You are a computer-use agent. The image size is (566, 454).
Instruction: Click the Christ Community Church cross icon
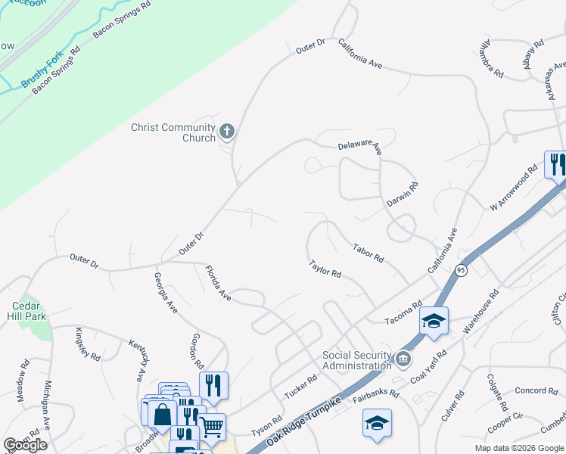[226, 133]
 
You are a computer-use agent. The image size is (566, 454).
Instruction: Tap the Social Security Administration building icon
[403, 357]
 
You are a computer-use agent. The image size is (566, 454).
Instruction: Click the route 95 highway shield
[461, 270]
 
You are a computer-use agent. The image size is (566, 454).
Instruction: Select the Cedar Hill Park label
[30, 311]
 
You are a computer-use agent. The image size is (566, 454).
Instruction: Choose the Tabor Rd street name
[369, 252]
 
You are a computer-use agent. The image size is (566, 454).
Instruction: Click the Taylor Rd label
[325, 268]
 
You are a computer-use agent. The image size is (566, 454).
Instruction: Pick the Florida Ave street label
[218, 283]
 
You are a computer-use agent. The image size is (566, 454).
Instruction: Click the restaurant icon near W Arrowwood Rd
[555, 164]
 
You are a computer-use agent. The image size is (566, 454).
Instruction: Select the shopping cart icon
[212, 426]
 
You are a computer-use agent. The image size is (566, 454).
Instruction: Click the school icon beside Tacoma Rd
[434, 321]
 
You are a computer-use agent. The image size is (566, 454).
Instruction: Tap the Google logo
[25, 445]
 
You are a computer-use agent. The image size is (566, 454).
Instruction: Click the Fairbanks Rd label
[376, 393]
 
